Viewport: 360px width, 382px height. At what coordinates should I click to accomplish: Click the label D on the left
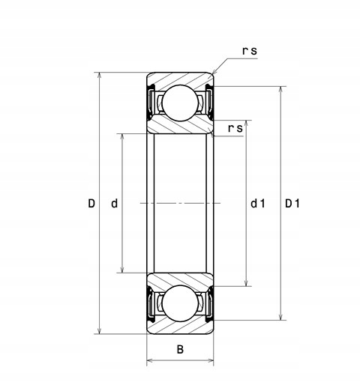91,203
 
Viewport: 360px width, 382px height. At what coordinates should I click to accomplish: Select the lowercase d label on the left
115,203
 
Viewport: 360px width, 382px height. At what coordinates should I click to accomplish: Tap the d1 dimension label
258,203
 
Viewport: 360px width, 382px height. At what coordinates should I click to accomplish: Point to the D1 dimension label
292,203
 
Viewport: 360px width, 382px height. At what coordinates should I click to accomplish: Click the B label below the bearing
179,349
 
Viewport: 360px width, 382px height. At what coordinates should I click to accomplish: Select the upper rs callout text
250,50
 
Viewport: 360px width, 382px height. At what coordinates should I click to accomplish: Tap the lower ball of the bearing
180,304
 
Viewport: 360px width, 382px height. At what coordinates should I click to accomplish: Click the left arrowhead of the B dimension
149,362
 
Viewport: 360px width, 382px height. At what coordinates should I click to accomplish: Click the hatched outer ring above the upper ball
180,79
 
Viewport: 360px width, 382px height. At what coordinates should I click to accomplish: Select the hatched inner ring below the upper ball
180,127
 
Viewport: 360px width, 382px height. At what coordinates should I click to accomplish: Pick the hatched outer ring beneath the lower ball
180,327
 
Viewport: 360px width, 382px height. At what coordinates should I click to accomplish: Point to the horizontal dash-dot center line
180,203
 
